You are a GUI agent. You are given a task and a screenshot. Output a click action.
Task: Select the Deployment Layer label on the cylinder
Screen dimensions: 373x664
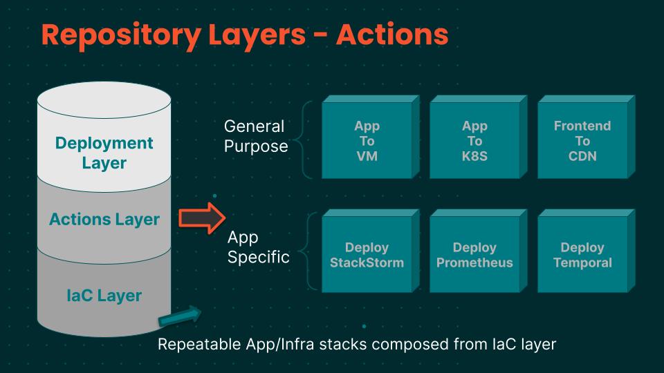pos(104,153)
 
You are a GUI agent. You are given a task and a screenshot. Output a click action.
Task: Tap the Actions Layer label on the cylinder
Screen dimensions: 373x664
pos(104,220)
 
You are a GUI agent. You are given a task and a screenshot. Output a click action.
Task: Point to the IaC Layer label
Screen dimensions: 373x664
pos(104,296)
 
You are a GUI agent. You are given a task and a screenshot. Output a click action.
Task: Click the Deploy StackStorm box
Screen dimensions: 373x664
pos(367,255)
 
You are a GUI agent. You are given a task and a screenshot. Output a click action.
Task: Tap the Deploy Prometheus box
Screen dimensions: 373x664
pos(474,255)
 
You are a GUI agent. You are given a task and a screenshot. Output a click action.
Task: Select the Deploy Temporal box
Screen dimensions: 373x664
pos(582,255)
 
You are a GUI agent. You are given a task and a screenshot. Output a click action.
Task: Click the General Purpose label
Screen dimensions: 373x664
pos(255,136)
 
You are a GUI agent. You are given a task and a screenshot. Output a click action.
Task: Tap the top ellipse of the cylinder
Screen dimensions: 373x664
pos(104,100)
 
